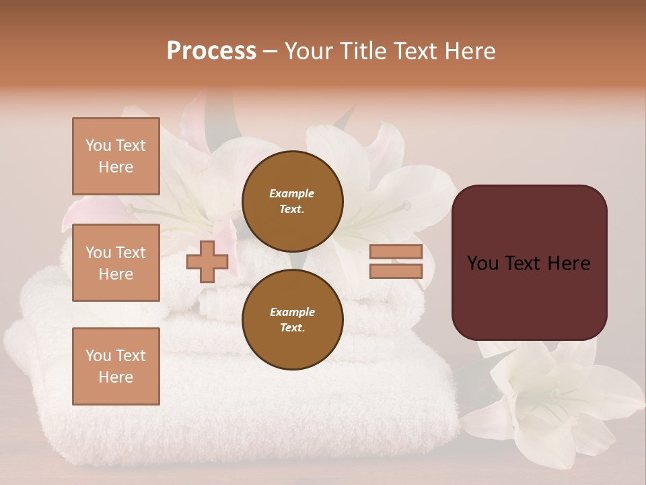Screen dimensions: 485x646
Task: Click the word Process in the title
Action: pos(211,51)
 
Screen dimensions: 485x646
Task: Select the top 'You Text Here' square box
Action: pos(116,156)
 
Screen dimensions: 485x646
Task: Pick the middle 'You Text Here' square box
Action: pos(116,263)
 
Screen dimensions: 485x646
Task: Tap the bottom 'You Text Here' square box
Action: pos(116,366)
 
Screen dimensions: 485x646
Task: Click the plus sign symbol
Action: pos(207,261)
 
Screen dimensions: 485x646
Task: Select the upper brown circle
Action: pos(292,201)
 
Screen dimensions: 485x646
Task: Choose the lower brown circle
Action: pos(292,319)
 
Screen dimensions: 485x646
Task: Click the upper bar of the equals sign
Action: pos(396,252)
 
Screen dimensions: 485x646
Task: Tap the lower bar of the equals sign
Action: pos(396,271)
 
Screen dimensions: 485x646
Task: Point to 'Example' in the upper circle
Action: pos(292,193)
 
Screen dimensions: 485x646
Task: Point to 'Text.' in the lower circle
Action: pos(292,327)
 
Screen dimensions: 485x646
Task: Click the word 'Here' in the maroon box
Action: pos(569,263)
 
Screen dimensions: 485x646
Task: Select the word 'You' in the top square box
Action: pos(98,145)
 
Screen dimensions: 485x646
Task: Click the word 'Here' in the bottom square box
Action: pos(116,377)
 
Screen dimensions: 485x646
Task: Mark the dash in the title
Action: pos(270,51)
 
